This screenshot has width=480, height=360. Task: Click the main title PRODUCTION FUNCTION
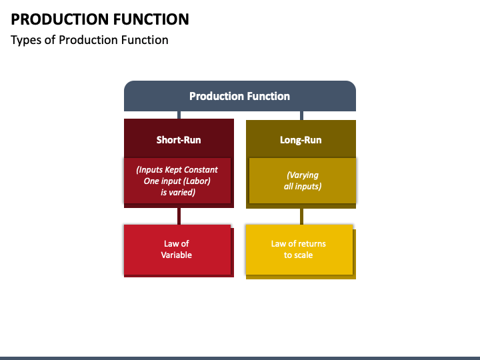pyautogui.click(x=100, y=19)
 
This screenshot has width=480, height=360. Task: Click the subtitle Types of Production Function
pyautogui.click(x=89, y=40)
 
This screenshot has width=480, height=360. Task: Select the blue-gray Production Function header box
pyautogui.click(x=240, y=96)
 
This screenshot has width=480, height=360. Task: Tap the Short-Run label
pyautogui.click(x=179, y=140)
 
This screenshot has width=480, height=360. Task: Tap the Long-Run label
pyautogui.click(x=301, y=140)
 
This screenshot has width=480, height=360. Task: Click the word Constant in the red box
pyautogui.click(x=201, y=169)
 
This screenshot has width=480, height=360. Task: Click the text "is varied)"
pyautogui.click(x=178, y=192)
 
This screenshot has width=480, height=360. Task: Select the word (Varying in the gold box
pyautogui.click(x=303, y=175)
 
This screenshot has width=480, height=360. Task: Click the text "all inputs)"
pyautogui.click(x=303, y=187)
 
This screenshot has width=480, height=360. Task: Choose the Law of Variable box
pyautogui.click(x=177, y=250)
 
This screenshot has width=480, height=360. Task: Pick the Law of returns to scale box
pyautogui.click(x=299, y=249)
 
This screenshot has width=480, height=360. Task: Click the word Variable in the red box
pyautogui.click(x=176, y=255)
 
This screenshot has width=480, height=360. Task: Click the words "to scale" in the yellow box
pyautogui.click(x=298, y=255)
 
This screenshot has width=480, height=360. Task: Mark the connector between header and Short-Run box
pyautogui.click(x=179, y=115)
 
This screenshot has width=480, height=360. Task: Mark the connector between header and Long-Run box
pyautogui.click(x=301, y=116)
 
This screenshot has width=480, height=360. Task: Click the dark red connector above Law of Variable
pyautogui.click(x=179, y=216)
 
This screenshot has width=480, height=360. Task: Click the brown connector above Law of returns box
pyautogui.click(x=301, y=217)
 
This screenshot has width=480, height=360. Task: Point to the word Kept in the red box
pyautogui.click(x=173, y=170)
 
